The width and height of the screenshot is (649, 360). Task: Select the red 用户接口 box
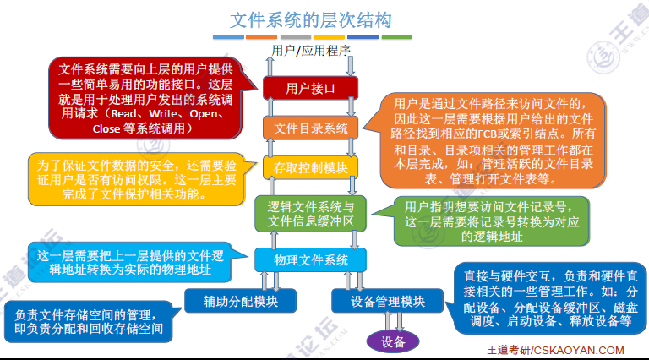pos(311,87)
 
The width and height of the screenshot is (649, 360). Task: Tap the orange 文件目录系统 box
pos(311,128)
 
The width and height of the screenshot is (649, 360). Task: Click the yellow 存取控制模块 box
pos(311,168)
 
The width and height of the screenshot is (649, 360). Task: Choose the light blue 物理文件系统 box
pos(311,259)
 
